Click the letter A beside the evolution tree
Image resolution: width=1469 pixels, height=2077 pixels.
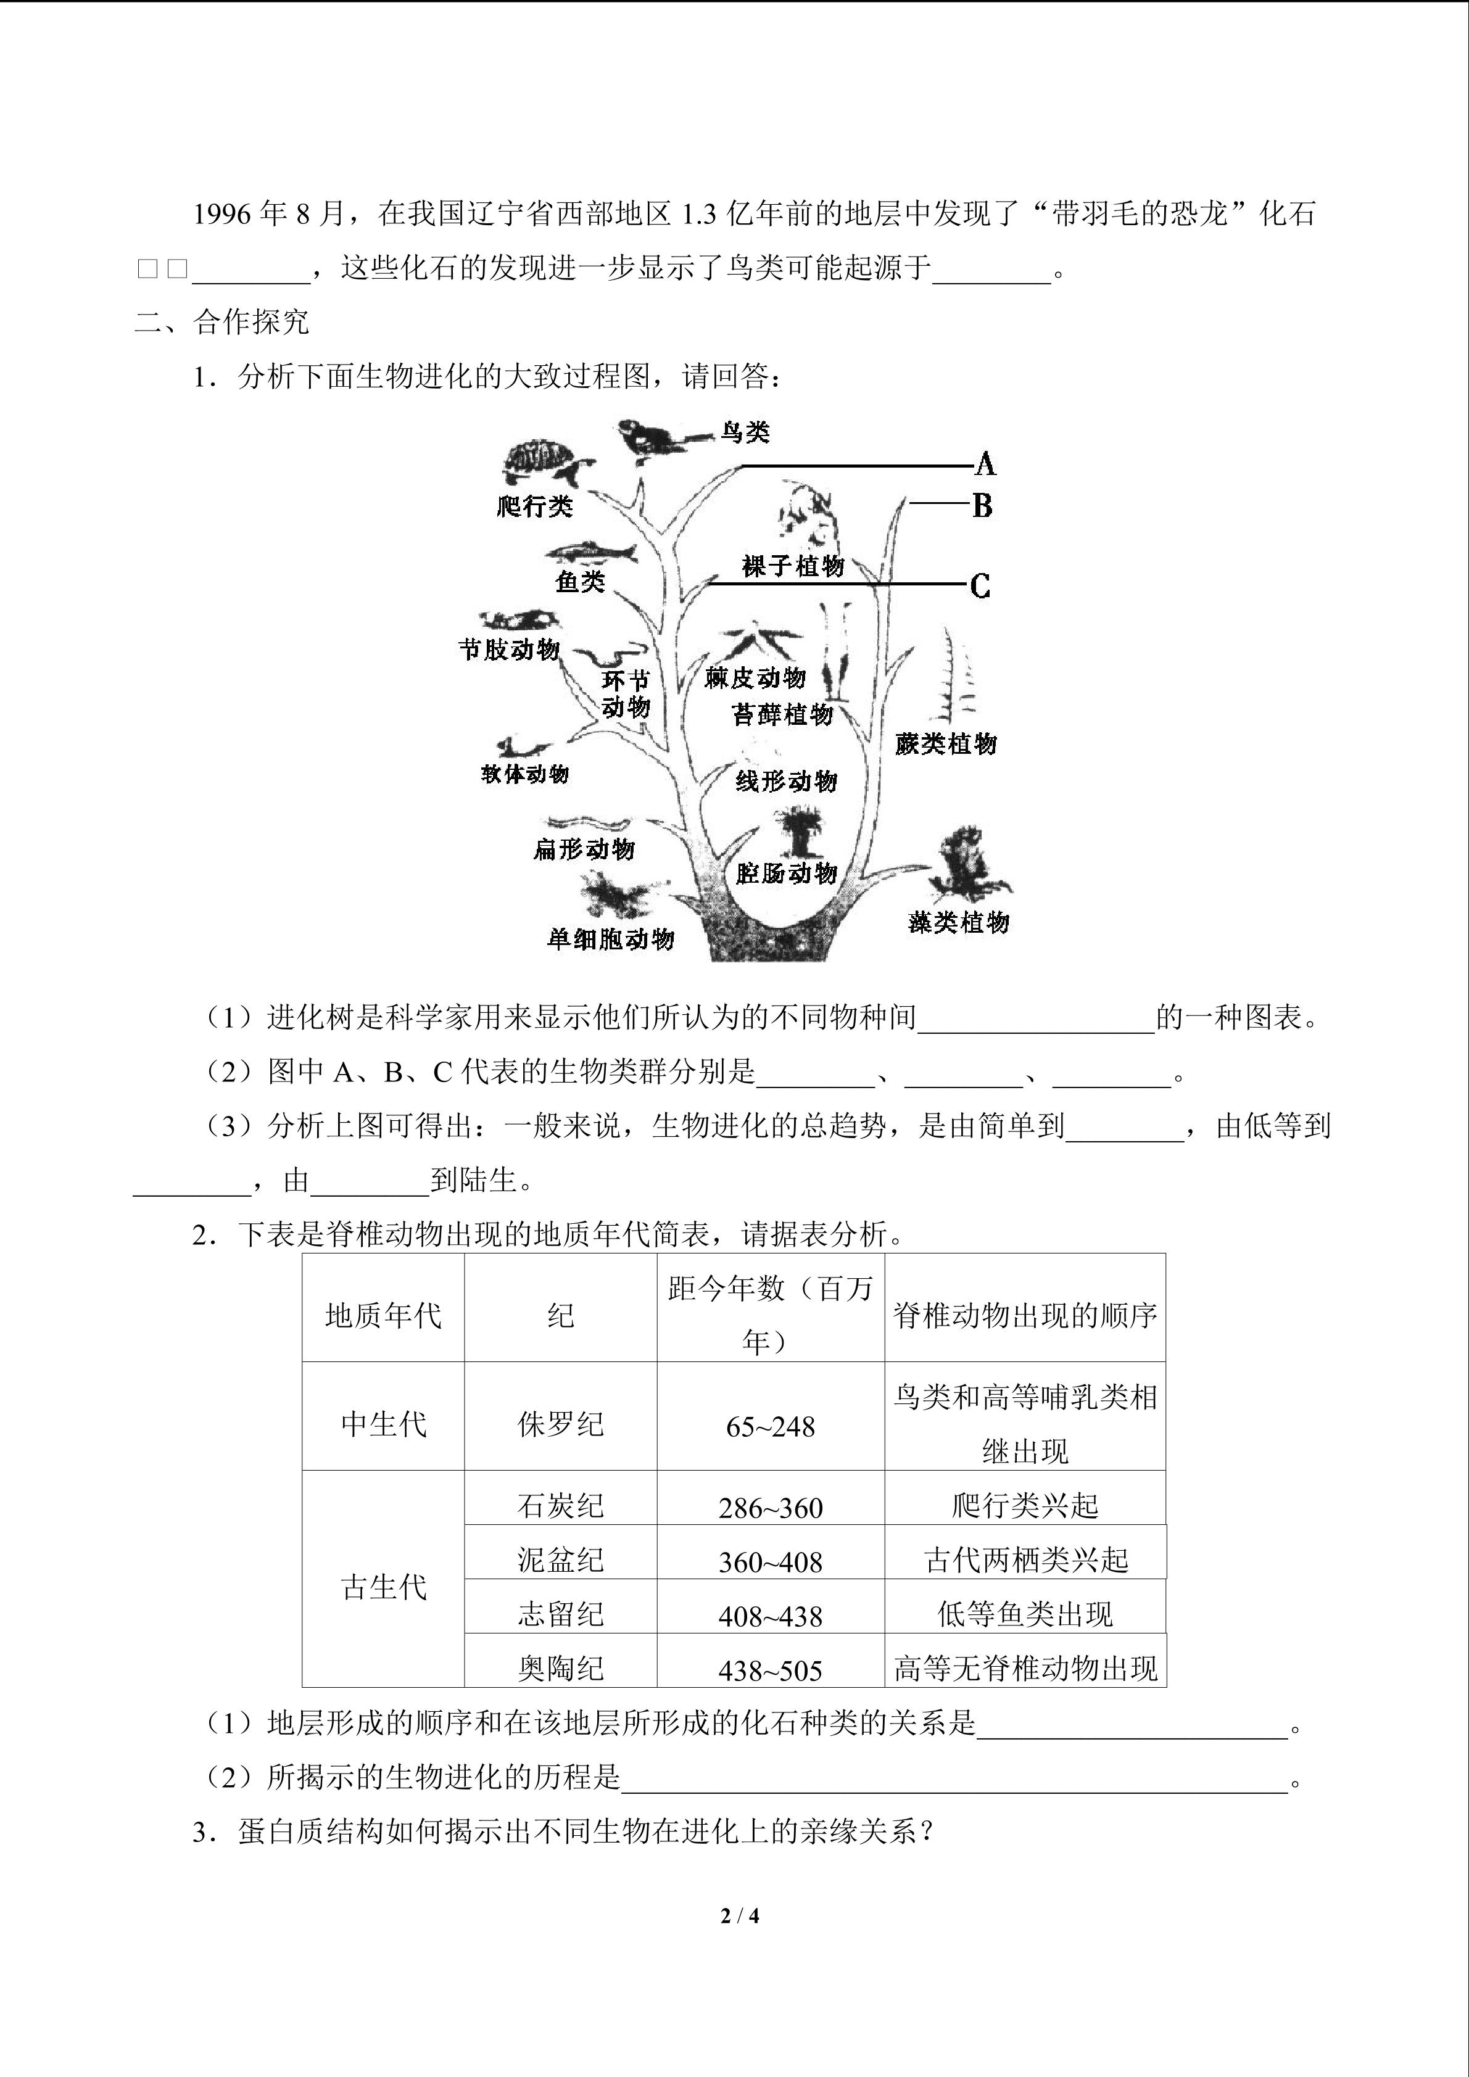pos(985,465)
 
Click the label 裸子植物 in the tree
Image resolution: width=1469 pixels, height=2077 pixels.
pos(792,566)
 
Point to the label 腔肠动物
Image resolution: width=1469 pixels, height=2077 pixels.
pos(786,873)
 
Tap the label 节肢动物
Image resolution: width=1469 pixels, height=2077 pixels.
pos(509,648)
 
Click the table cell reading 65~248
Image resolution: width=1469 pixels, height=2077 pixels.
pos(770,1427)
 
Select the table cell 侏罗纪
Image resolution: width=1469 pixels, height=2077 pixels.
pos(560,1425)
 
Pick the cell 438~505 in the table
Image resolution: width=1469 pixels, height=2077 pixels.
pos(770,1670)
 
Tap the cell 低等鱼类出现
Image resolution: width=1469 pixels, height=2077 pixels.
pos(1025,1615)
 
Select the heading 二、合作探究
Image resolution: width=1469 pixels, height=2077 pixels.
pos(223,321)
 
